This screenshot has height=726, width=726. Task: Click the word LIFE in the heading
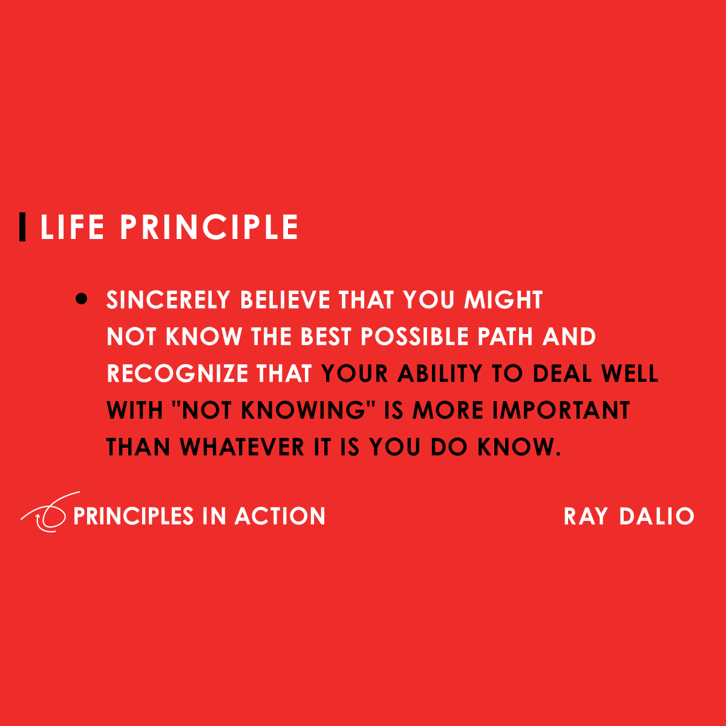[72, 227]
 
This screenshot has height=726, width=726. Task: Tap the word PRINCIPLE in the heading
[209, 227]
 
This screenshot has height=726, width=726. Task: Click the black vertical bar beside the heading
[22, 227]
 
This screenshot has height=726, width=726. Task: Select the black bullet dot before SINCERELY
[82, 299]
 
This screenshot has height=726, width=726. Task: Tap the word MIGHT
[503, 300]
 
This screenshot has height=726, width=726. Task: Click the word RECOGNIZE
[178, 374]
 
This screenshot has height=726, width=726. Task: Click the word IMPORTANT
[561, 411]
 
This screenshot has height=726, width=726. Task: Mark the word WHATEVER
[243, 448]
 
